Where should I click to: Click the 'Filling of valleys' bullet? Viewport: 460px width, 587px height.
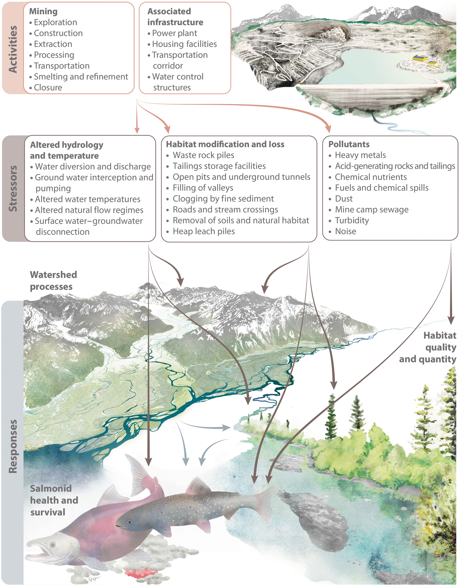click(x=203, y=188)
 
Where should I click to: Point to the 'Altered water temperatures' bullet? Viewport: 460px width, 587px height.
click(x=88, y=199)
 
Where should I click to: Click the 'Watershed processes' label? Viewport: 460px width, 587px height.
click(x=53, y=280)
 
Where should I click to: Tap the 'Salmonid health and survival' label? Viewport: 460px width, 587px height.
click(x=54, y=500)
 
